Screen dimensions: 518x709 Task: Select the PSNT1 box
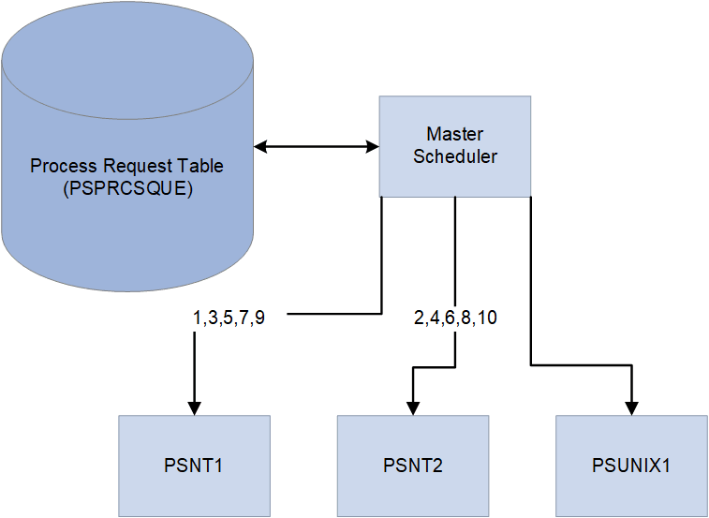pos(195,466)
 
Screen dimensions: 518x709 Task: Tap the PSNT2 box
pos(412,466)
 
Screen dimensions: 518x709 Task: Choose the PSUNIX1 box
pos(631,466)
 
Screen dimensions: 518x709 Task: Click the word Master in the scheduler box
pos(454,135)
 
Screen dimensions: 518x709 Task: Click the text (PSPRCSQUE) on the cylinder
pos(126,187)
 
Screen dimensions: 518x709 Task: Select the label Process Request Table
pos(126,166)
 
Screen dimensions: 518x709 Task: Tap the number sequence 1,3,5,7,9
pos(229,318)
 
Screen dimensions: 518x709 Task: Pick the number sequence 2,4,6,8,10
pos(455,318)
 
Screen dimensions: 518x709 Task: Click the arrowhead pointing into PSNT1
pos(195,407)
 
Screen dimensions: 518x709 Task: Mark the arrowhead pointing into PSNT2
pos(412,407)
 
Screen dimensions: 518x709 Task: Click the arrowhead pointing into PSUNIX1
pos(631,407)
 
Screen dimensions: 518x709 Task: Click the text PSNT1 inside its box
pos(195,466)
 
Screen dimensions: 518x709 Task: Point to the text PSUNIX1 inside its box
pos(631,466)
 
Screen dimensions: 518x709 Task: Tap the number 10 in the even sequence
pos(487,318)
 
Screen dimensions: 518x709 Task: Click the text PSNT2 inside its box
pos(412,466)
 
